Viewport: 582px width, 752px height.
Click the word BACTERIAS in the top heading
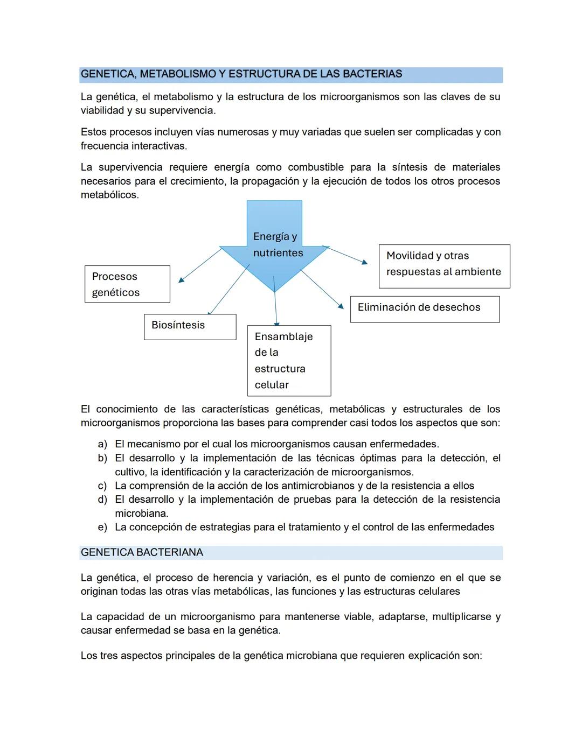372,74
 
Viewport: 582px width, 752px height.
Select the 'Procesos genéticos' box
127,284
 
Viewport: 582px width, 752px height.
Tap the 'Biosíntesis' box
190,326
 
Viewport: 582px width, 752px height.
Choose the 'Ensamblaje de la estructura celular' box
289,360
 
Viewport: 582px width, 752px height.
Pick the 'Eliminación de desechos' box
424,309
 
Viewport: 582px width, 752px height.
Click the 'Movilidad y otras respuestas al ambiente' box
444,266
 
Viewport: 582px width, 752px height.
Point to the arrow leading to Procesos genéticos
199,264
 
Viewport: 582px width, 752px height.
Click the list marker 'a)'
102,445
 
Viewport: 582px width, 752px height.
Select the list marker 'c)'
102,486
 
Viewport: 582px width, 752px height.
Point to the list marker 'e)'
102,528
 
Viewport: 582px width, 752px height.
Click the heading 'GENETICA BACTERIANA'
142,553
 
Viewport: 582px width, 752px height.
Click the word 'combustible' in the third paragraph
315,167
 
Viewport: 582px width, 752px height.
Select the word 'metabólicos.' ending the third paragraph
109,195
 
